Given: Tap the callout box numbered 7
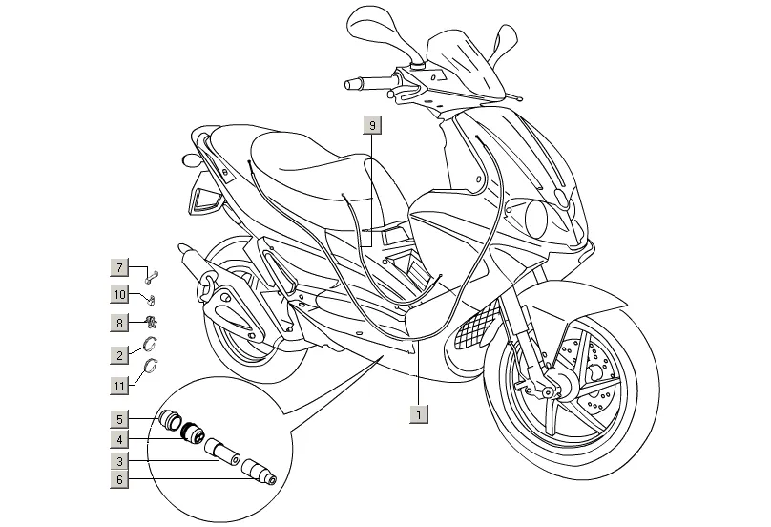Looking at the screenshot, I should pyautogui.click(x=120, y=267).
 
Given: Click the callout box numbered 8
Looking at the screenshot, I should pyautogui.click(x=120, y=323).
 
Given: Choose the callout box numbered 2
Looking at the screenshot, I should pyautogui.click(x=120, y=355).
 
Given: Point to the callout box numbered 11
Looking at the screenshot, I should pyautogui.click(x=120, y=386).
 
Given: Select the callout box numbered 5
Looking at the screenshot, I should pyautogui.click(x=120, y=418).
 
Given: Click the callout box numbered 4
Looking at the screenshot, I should pyautogui.click(x=120, y=439).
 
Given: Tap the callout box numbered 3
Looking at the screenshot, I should pyautogui.click(x=120, y=460).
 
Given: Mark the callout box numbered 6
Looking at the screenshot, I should pyautogui.click(x=120, y=481).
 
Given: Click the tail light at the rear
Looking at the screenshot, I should pyautogui.click(x=204, y=198).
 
